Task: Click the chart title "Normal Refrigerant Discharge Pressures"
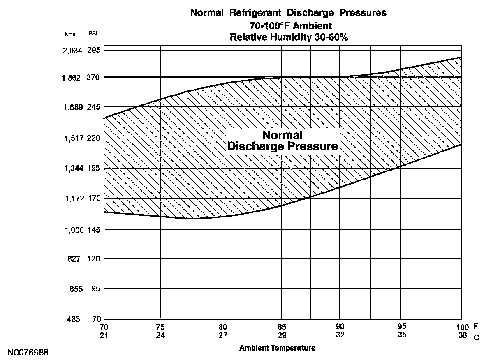point(288,13)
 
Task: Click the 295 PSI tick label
point(94,50)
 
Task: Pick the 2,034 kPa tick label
point(72,51)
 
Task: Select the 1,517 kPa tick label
point(72,138)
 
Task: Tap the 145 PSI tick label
point(94,230)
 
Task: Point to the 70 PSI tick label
point(96,319)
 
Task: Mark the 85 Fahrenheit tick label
point(282,327)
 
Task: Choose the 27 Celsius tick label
point(222,335)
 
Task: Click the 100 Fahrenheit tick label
point(462,327)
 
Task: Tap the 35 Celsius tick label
point(402,335)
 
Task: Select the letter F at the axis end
point(476,327)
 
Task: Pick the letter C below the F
point(476,338)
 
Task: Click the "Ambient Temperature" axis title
point(277,348)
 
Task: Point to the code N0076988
point(28,353)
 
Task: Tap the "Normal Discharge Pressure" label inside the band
point(282,141)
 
